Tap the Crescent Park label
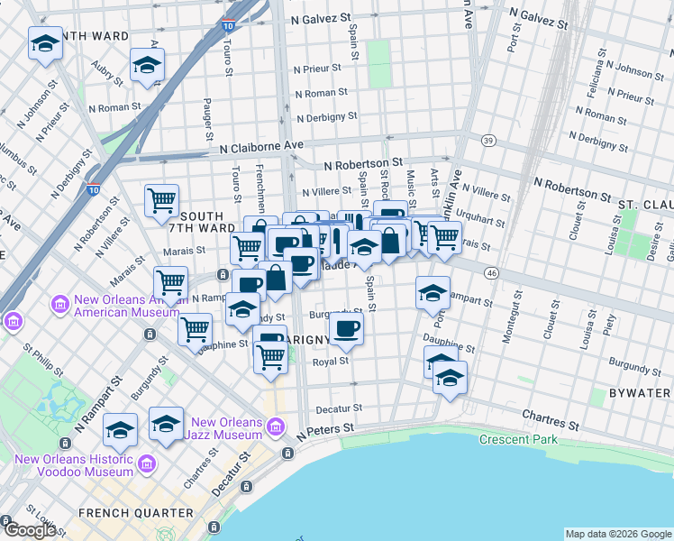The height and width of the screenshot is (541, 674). tap(518, 440)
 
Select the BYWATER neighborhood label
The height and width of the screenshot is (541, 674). tap(639, 393)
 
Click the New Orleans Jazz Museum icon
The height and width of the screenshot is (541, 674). tap(276, 425)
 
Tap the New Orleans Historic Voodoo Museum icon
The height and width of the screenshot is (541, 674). tap(148, 463)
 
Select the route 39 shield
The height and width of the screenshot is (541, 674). tap(488, 140)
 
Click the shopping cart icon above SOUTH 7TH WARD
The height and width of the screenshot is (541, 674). tap(162, 200)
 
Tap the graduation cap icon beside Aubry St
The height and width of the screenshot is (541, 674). tap(147, 64)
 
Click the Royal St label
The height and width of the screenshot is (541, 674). tap(331, 361)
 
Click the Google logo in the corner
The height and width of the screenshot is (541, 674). tap(30, 530)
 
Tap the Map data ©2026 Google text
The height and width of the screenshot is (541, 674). tap(618, 534)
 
